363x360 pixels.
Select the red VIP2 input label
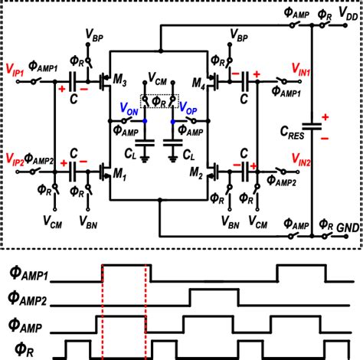pyautogui.click(x=18, y=162)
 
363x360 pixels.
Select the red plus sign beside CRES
pyautogui.click(x=323, y=116)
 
